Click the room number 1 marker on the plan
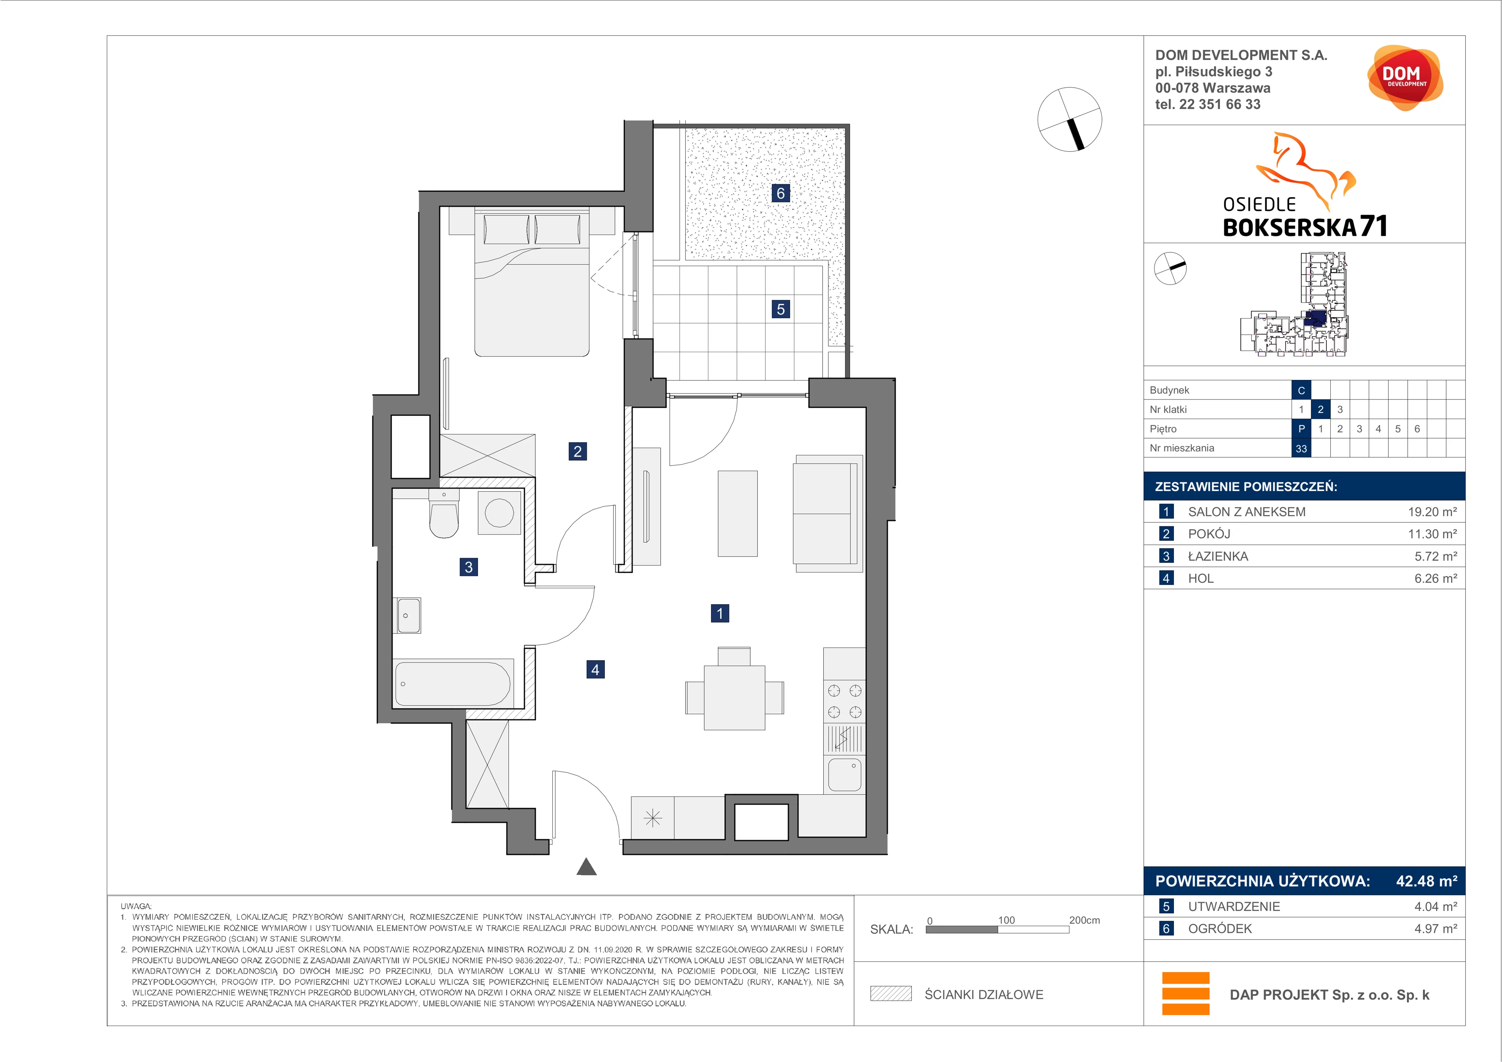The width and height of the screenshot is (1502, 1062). click(x=720, y=613)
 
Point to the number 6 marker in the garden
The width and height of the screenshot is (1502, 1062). click(x=780, y=193)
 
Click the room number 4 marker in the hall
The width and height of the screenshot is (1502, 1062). click(x=595, y=670)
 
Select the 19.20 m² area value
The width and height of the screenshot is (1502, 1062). click(x=1432, y=512)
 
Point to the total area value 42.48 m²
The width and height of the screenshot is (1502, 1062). click(x=1426, y=881)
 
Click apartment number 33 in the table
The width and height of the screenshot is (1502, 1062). click(x=1301, y=448)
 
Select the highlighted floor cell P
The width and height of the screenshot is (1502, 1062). click(x=1301, y=428)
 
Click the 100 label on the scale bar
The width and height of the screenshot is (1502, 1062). click(x=1006, y=920)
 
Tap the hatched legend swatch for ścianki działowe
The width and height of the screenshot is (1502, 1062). click(x=890, y=994)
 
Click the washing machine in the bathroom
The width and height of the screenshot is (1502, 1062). click(x=499, y=512)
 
